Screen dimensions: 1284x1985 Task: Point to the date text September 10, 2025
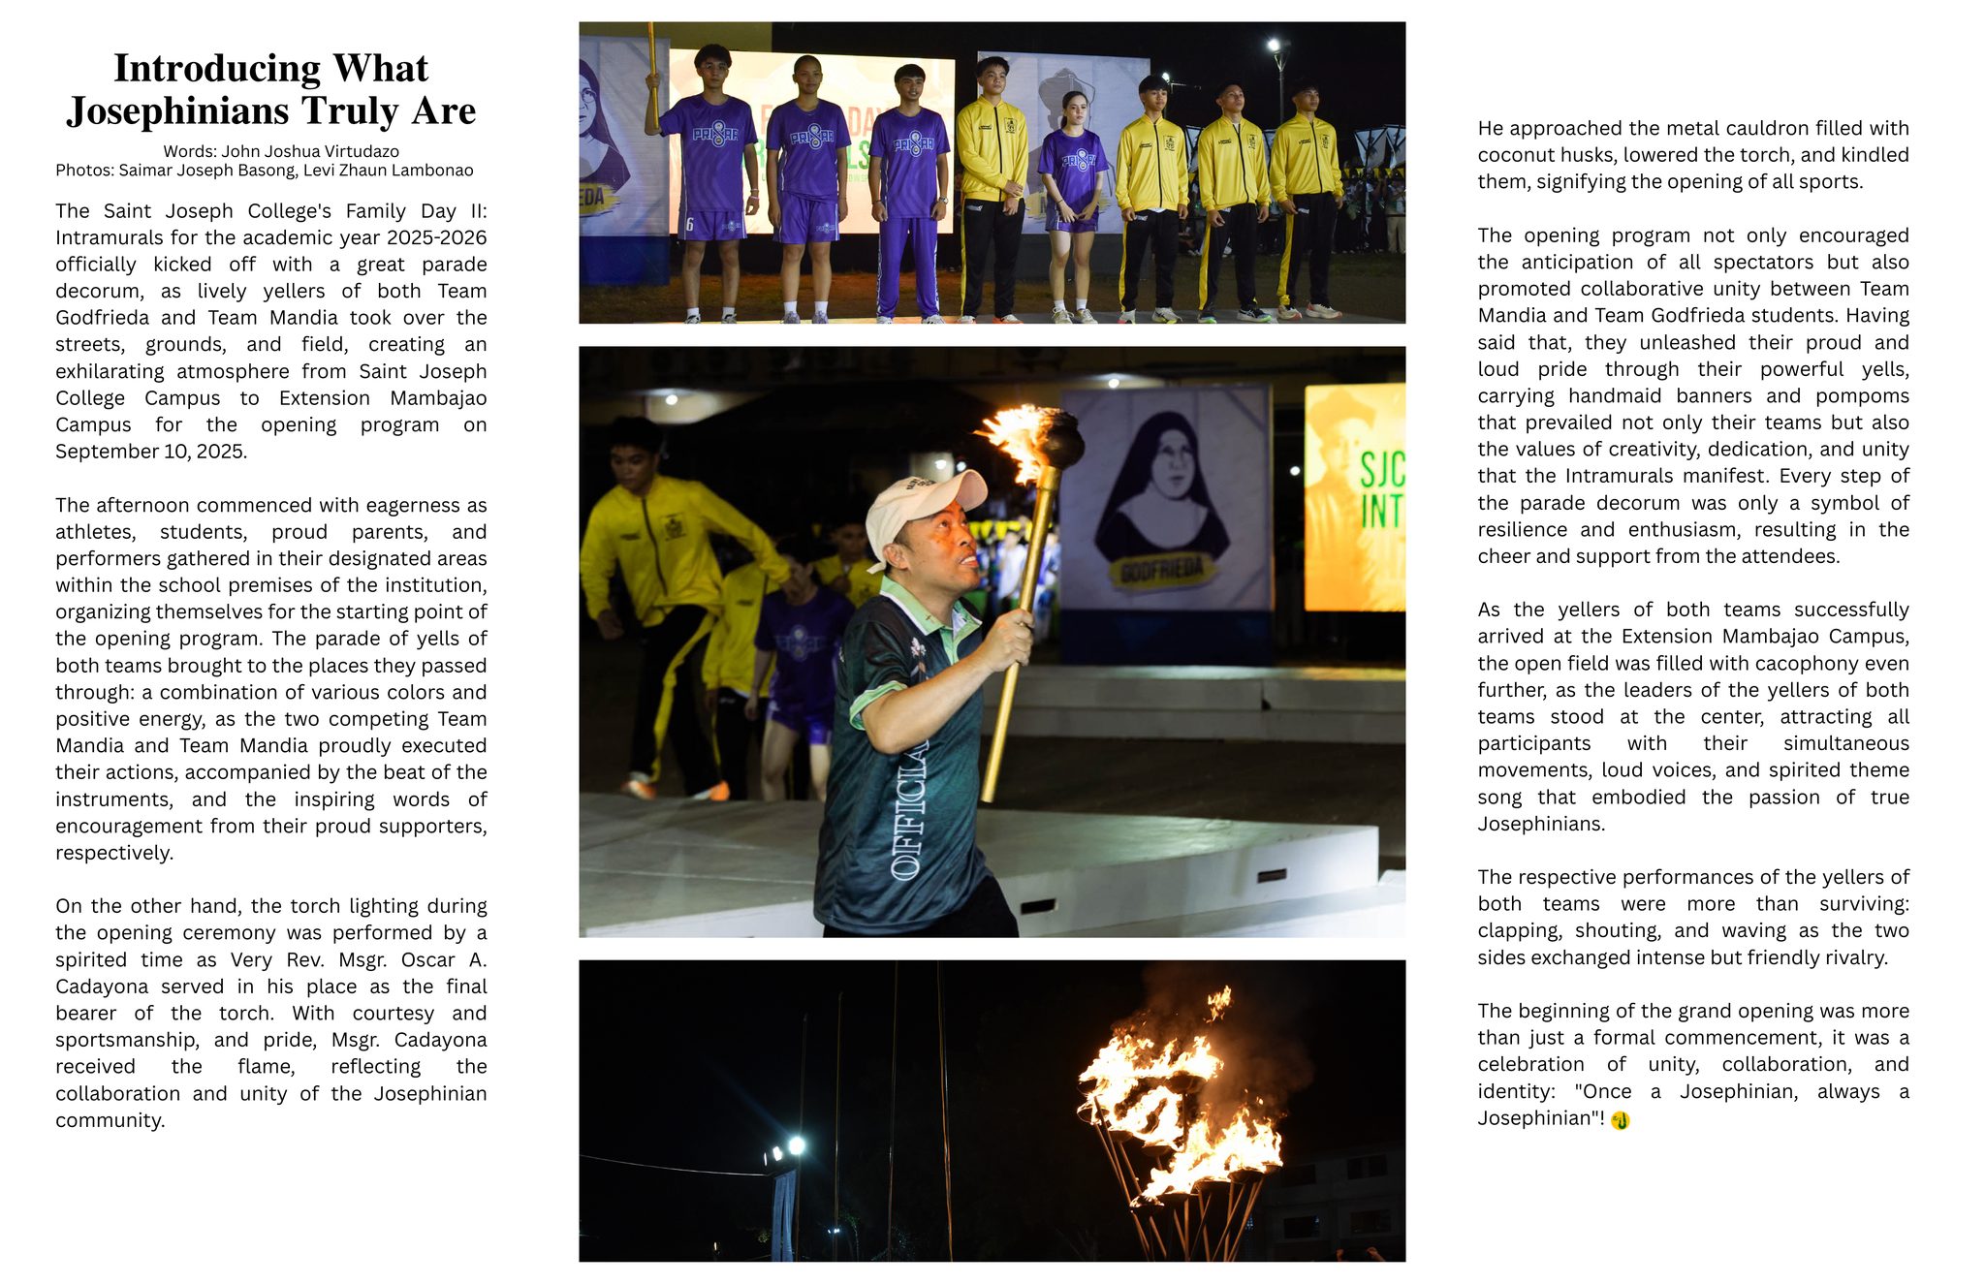click(x=151, y=452)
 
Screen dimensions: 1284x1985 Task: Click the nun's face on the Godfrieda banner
click(x=1172, y=466)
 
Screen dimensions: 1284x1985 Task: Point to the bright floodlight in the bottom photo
click(x=796, y=1146)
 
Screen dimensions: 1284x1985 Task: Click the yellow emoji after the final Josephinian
click(x=1621, y=1120)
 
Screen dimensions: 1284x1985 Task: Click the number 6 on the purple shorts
click(x=689, y=225)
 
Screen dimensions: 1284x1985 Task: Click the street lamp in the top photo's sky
click(x=1274, y=45)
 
